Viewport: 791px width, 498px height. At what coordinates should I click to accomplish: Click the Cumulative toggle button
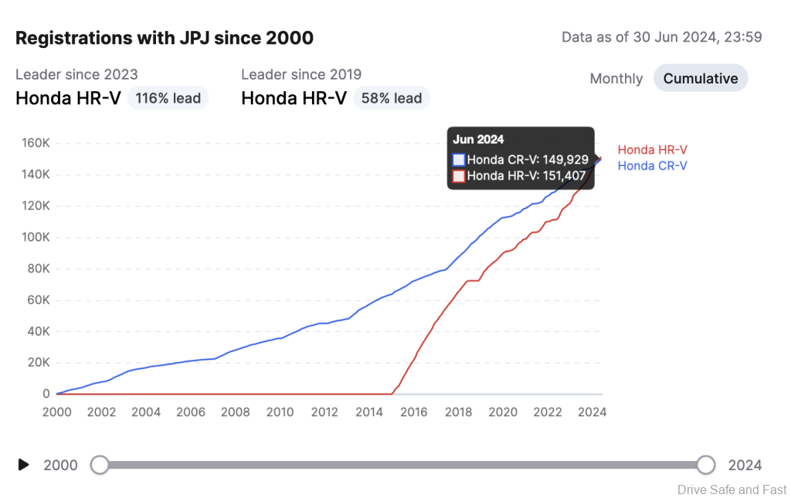pos(701,78)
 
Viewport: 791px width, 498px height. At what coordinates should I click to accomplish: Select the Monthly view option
pos(616,79)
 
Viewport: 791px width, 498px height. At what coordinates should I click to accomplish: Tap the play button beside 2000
pos(24,464)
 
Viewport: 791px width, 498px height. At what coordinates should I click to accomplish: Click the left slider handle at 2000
pos(100,464)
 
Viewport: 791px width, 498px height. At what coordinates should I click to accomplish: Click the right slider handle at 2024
pos(705,464)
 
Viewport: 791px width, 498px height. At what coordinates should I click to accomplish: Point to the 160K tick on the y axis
pos(36,143)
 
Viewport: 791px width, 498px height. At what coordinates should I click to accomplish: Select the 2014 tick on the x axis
pos(369,412)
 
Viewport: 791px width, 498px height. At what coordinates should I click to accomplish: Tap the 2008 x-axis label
pos(236,412)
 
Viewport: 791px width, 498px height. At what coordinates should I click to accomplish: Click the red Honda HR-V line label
pos(652,150)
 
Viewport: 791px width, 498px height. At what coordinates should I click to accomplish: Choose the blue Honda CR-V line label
pos(652,165)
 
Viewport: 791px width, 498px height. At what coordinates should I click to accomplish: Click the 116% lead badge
pos(168,98)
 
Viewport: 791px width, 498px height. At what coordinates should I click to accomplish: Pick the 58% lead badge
pos(392,98)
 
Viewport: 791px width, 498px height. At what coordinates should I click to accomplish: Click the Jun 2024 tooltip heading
pos(478,140)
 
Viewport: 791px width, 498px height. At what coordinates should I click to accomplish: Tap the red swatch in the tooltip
pos(459,175)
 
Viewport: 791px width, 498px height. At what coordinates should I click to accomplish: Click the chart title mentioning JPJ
pos(165,38)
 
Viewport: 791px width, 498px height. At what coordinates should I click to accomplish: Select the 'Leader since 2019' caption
pos(301,75)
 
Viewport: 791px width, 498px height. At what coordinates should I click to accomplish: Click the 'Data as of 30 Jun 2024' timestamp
pos(662,37)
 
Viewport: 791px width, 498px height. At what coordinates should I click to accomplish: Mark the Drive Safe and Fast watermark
pos(732,489)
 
